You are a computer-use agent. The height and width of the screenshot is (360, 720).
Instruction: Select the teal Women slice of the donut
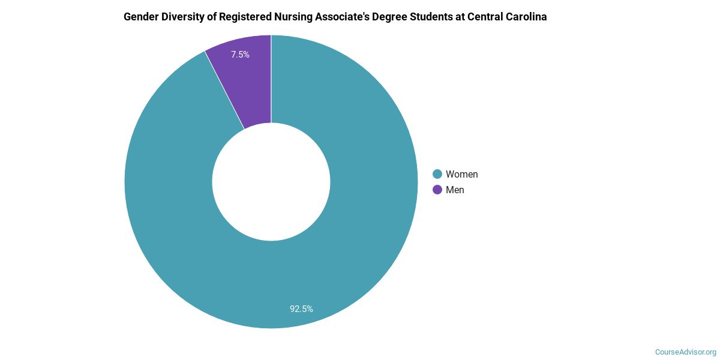click(x=336, y=252)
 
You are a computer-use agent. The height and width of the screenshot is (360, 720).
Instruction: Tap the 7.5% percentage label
click(x=240, y=55)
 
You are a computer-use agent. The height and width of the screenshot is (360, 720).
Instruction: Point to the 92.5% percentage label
click(x=301, y=309)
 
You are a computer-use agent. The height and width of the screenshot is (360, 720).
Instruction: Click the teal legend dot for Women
click(x=437, y=174)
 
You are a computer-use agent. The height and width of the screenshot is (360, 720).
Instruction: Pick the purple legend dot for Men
click(x=437, y=190)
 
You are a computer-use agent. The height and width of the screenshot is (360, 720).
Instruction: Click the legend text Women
click(x=461, y=174)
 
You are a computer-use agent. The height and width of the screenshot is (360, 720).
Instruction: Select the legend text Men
click(x=455, y=190)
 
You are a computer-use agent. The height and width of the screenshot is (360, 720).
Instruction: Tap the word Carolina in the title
click(x=528, y=17)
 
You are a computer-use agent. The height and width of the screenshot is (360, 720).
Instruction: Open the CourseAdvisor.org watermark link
click(x=685, y=352)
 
